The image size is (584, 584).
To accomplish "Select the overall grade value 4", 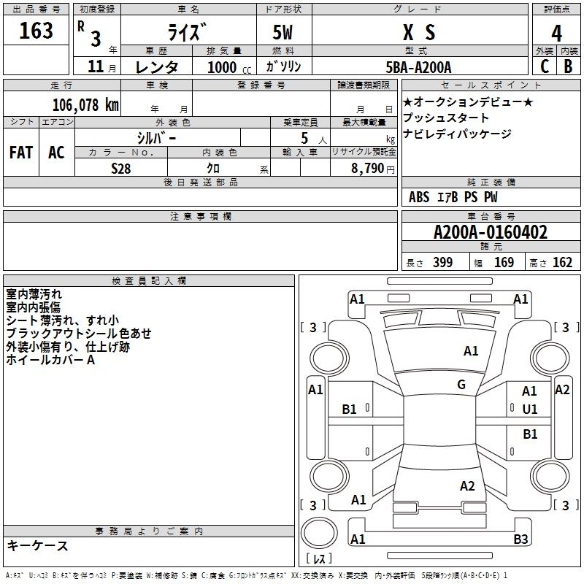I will click(557, 34).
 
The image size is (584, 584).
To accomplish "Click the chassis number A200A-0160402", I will click(490, 233).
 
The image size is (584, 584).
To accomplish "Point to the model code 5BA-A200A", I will click(418, 67).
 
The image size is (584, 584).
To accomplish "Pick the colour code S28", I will click(122, 168).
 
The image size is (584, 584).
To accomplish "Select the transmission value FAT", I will click(21, 153).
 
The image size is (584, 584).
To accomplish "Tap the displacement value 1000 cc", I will click(227, 67).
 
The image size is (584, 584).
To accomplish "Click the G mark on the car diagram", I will click(461, 385).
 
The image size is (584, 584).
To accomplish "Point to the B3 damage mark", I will click(520, 539).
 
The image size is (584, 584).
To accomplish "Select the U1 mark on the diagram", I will click(529, 410).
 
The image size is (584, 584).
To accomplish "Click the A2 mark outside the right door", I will click(562, 390).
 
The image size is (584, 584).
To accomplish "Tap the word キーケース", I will click(37, 546).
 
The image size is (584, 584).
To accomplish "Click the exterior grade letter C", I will click(544, 66).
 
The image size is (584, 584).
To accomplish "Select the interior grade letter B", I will click(568, 66).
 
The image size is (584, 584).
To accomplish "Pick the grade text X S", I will click(419, 33).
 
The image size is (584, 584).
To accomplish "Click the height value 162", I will click(562, 263).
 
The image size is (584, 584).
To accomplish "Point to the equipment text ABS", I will click(419, 197).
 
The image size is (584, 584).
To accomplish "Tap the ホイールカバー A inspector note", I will click(50, 360).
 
